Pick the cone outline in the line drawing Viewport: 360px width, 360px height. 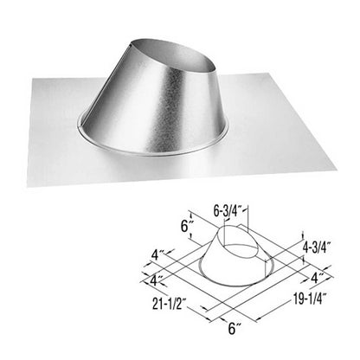click(221, 267)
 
